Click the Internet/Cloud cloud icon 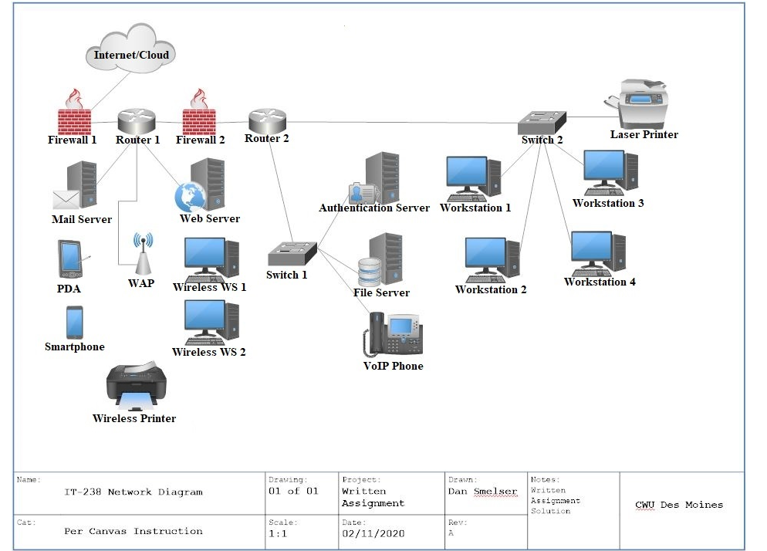click(x=132, y=49)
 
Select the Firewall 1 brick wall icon click(x=75, y=120)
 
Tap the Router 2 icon click(x=267, y=120)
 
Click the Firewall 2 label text click(x=200, y=140)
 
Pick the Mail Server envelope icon click(x=66, y=200)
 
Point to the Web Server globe click(x=188, y=197)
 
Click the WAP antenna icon click(x=141, y=254)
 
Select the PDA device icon click(x=69, y=259)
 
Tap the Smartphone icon click(x=74, y=323)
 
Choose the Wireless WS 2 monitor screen click(x=204, y=317)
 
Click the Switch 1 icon click(x=292, y=252)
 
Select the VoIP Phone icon click(x=394, y=335)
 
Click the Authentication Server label click(x=374, y=208)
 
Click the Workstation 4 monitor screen click(x=591, y=248)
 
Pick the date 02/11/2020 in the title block click(x=373, y=533)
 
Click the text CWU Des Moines click(x=679, y=505)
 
